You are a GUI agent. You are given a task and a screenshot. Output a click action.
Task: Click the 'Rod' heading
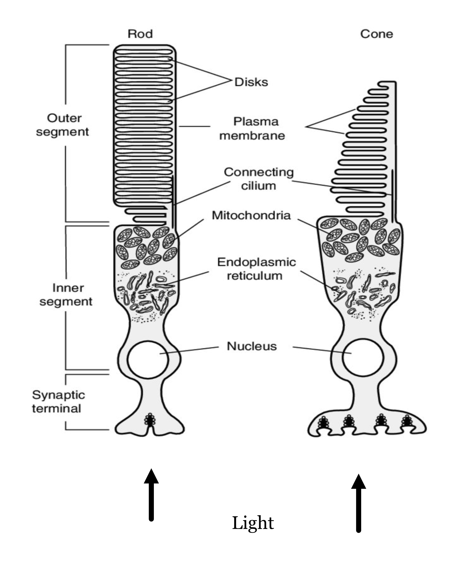[x=140, y=34]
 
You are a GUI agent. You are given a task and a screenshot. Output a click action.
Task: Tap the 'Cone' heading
[x=376, y=34]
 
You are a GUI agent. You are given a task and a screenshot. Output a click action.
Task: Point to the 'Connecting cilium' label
[x=258, y=179]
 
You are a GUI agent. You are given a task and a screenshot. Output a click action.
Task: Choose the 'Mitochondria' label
[x=251, y=215]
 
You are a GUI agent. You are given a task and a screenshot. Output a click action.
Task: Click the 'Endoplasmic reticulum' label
[x=256, y=269]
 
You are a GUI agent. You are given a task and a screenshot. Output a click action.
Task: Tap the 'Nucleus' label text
[x=252, y=346]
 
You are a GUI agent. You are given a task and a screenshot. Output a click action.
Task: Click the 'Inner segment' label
[x=66, y=294]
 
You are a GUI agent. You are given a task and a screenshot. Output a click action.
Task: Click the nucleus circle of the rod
[x=148, y=360]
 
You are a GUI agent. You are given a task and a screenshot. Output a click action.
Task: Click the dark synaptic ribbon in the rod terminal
[x=150, y=420]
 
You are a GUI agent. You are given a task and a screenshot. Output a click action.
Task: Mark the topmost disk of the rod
[x=144, y=51]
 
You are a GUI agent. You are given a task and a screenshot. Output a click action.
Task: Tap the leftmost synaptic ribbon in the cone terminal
[x=323, y=422]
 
